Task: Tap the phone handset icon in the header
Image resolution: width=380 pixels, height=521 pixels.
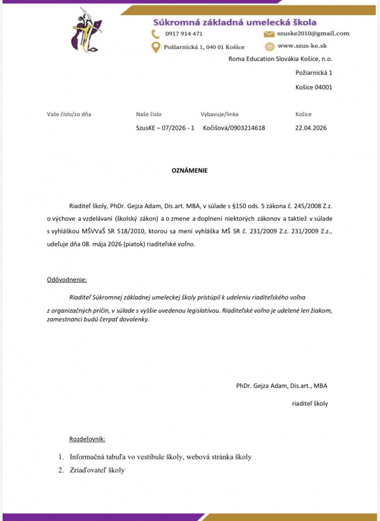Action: pyautogui.click(x=156, y=33)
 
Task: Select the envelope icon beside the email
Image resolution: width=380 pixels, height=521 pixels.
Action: pyautogui.click(x=269, y=33)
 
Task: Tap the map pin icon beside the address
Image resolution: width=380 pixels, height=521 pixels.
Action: pyautogui.click(x=156, y=47)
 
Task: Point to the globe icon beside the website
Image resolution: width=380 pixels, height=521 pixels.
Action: pyautogui.click(x=269, y=46)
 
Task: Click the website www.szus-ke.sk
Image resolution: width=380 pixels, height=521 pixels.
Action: pyautogui.click(x=302, y=46)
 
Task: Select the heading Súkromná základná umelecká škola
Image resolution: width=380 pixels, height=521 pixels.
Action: pyautogui.click(x=234, y=22)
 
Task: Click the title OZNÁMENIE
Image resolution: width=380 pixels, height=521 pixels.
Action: pyautogui.click(x=190, y=171)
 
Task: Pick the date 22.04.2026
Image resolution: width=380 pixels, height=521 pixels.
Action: pyautogui.click(x=311, y=128)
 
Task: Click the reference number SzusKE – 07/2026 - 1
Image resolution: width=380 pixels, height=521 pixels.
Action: pyautogui.click(x=165, y=128)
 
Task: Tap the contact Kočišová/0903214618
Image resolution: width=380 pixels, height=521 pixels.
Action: pyautogui.click(x=234, y=128)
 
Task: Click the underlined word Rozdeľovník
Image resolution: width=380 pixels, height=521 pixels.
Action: pyautogui.click(x=87, y=439)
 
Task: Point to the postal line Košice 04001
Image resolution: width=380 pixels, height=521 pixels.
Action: pyautogui.click(x=313, y=87)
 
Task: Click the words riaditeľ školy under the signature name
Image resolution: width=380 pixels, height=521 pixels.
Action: pyautogui.click(x=310, y=403)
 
